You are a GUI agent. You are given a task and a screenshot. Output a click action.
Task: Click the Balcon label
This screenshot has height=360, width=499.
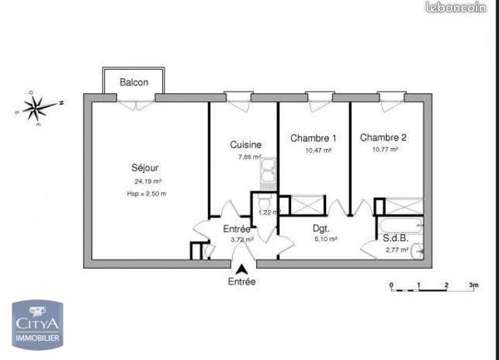tap(134, 82)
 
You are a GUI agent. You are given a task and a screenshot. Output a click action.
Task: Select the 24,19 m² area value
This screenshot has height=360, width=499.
tap(148, 181)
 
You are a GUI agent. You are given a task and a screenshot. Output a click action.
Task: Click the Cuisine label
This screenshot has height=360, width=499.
tap(246, 145)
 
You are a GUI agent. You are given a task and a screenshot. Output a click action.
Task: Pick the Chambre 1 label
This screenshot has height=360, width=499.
tap(313, 138)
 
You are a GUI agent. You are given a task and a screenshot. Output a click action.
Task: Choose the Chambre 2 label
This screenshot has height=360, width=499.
tap(383, 137)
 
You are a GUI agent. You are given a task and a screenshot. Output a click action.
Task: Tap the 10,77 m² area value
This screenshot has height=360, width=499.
tap(383, 150)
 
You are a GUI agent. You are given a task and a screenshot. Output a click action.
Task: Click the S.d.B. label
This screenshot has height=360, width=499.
tap(395, 237)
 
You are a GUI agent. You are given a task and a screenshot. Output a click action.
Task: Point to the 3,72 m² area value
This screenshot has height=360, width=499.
tap(243, 239)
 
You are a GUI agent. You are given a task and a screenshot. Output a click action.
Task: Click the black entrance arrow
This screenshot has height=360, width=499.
tap(242, 269)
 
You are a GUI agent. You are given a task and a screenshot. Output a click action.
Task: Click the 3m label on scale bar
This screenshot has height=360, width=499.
tap(473, 284)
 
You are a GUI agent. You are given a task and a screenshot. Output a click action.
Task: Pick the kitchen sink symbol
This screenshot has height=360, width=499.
tap(267, 172)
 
